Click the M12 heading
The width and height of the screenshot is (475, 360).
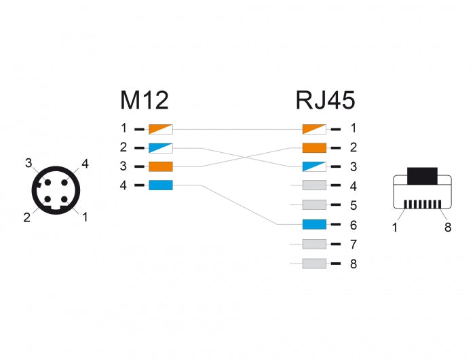pos(144,100)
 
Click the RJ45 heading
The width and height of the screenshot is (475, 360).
pos(325,100)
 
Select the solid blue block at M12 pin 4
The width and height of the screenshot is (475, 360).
pos(161,185)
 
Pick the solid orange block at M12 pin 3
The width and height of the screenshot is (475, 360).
pos(161,166)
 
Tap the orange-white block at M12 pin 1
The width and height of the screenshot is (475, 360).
pos(161,128)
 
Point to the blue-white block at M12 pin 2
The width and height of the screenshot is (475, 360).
pos(161,147)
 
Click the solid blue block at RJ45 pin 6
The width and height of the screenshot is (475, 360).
pos(314,225)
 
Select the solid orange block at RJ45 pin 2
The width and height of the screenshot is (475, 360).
pos(314,147)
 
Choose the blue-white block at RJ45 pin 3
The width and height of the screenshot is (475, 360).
pos(314,166)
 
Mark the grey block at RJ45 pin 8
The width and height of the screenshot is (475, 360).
pos(314,264)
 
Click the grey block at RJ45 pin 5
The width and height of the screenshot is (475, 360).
pos(314,205)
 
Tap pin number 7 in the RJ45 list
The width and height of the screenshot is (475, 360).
pos(353,245)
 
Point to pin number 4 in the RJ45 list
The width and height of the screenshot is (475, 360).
pos(353,186)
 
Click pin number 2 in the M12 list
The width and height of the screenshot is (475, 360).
pos(123,147)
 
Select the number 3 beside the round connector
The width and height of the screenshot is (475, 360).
pos(28,163)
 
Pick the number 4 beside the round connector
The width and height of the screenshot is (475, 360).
pos(85,163)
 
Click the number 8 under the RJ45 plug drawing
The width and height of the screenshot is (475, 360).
pos(447,228)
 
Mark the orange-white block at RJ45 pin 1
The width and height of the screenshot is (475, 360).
pos(314,128)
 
